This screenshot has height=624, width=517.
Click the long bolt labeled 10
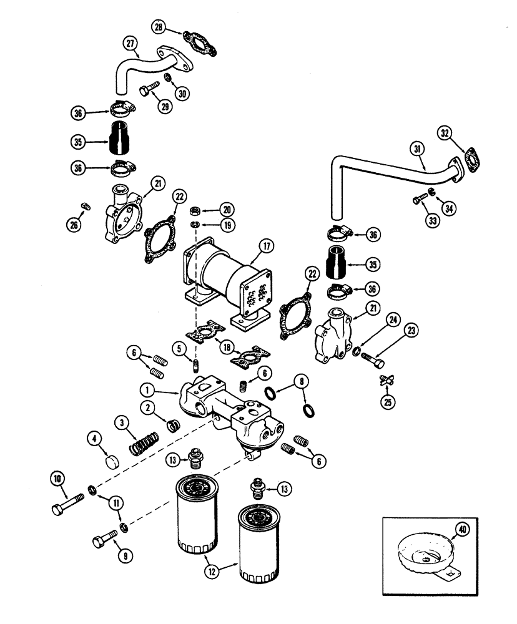(67, 500)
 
